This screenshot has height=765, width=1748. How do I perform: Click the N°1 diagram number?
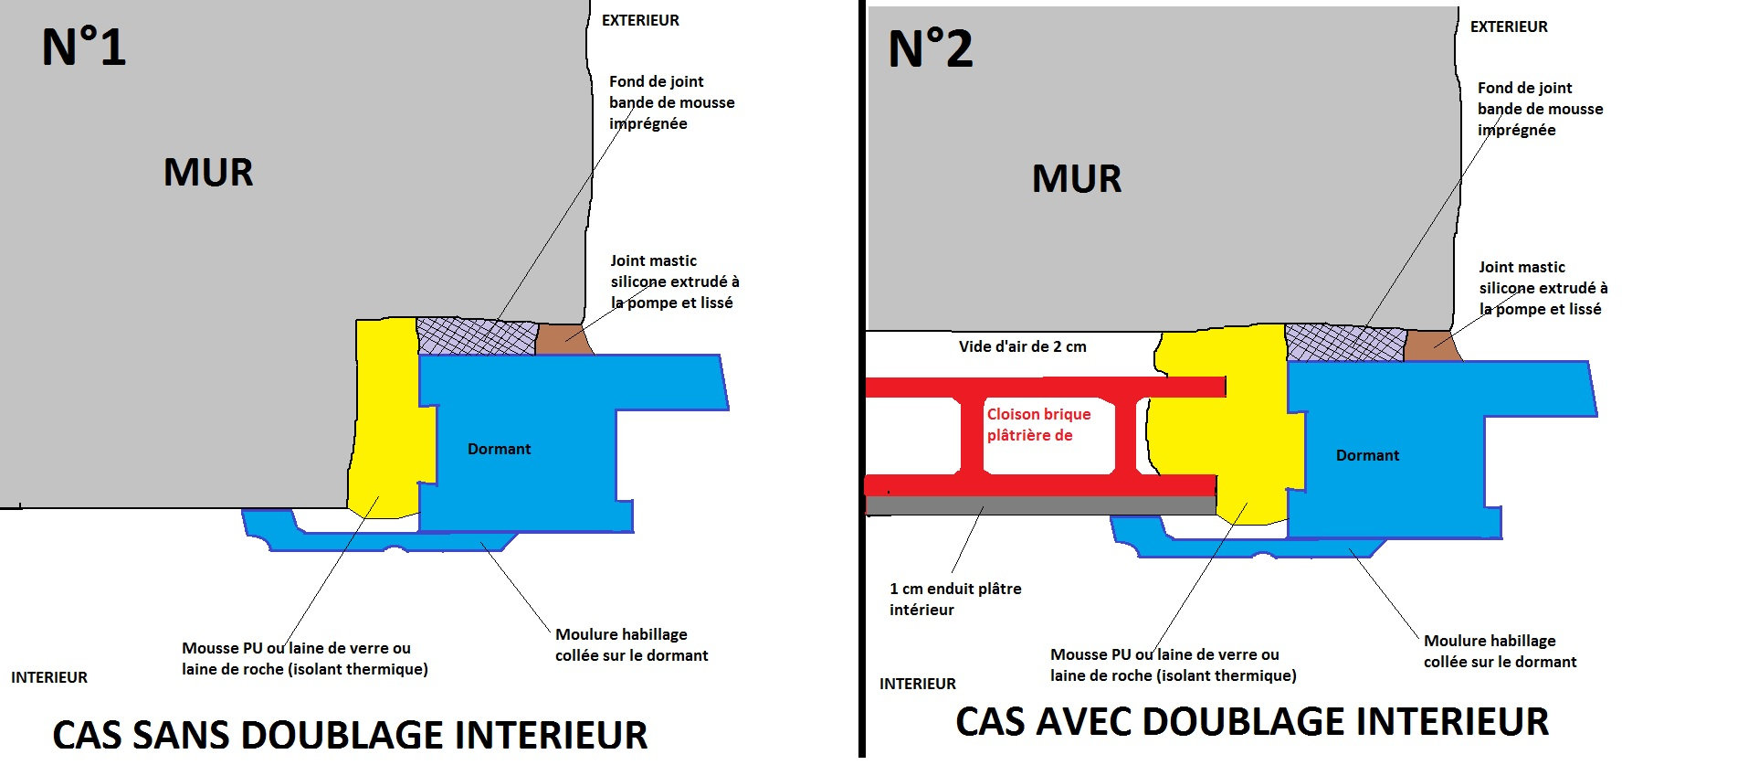coord(83,48)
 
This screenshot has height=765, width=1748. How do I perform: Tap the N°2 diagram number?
coord(930,49)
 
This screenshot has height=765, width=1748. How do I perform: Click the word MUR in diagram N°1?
coord(208,172)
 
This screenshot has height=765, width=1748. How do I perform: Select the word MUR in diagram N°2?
coord(1077,178)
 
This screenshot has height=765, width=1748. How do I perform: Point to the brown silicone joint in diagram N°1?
coord(562,339)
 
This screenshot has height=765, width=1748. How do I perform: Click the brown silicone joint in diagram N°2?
coord(1430,345)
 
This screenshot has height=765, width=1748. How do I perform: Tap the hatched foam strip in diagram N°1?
coord(476,336)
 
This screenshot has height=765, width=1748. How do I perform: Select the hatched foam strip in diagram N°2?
coord(1344,343)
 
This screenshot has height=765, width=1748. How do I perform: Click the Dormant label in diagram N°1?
coord(499,449)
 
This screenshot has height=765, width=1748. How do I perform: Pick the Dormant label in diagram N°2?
coord(1367,455)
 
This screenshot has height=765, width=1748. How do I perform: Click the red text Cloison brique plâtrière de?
coord(1038,425)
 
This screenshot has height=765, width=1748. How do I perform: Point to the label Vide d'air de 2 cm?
coord(1022,346)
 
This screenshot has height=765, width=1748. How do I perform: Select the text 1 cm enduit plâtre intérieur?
coord(955,599)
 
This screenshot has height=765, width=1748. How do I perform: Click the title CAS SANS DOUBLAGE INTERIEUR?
coord(350,735)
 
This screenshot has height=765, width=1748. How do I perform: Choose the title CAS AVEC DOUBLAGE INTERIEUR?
coord(1252,721)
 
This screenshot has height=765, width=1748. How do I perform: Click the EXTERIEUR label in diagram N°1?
coord(640,20)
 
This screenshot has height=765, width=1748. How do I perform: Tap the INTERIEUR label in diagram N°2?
coord(917,684)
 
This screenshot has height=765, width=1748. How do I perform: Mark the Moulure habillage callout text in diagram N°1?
coord(631,644)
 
